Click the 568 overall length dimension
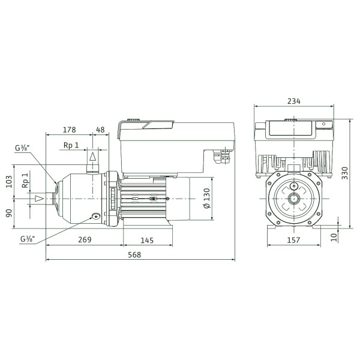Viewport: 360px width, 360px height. (x=134, y=254)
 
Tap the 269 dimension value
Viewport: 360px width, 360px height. (x=85, y=239)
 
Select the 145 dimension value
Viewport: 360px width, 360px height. (x=147, y=241)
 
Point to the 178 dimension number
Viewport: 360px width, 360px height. (x=69, y=130)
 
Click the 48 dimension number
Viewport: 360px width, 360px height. (x=100, y=130)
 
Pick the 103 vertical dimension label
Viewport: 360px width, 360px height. (x=9, y=182)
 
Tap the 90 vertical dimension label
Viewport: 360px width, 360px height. (x=9, y=213)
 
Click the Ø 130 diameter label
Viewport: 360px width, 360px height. (x=207, y=198)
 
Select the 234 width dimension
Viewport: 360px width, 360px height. (x=293, y=101)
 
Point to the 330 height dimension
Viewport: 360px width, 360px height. (x=345, y=173)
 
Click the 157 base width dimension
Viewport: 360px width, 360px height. (x=293, y=240)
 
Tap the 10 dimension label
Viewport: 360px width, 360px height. (x=334, y=237)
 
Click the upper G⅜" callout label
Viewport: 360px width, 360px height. (x=22, y=148)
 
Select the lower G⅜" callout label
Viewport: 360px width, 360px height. (x=28, y=239)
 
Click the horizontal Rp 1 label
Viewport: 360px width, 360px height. (x=71, y=145)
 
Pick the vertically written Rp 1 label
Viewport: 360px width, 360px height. (x=25, y=181)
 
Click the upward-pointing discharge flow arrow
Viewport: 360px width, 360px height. (x=93, y=157)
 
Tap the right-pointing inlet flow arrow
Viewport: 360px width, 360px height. (x=39, y=199)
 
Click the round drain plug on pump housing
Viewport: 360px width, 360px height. (x=96, y=216)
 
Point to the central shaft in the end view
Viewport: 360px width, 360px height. (x=294, y=199)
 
